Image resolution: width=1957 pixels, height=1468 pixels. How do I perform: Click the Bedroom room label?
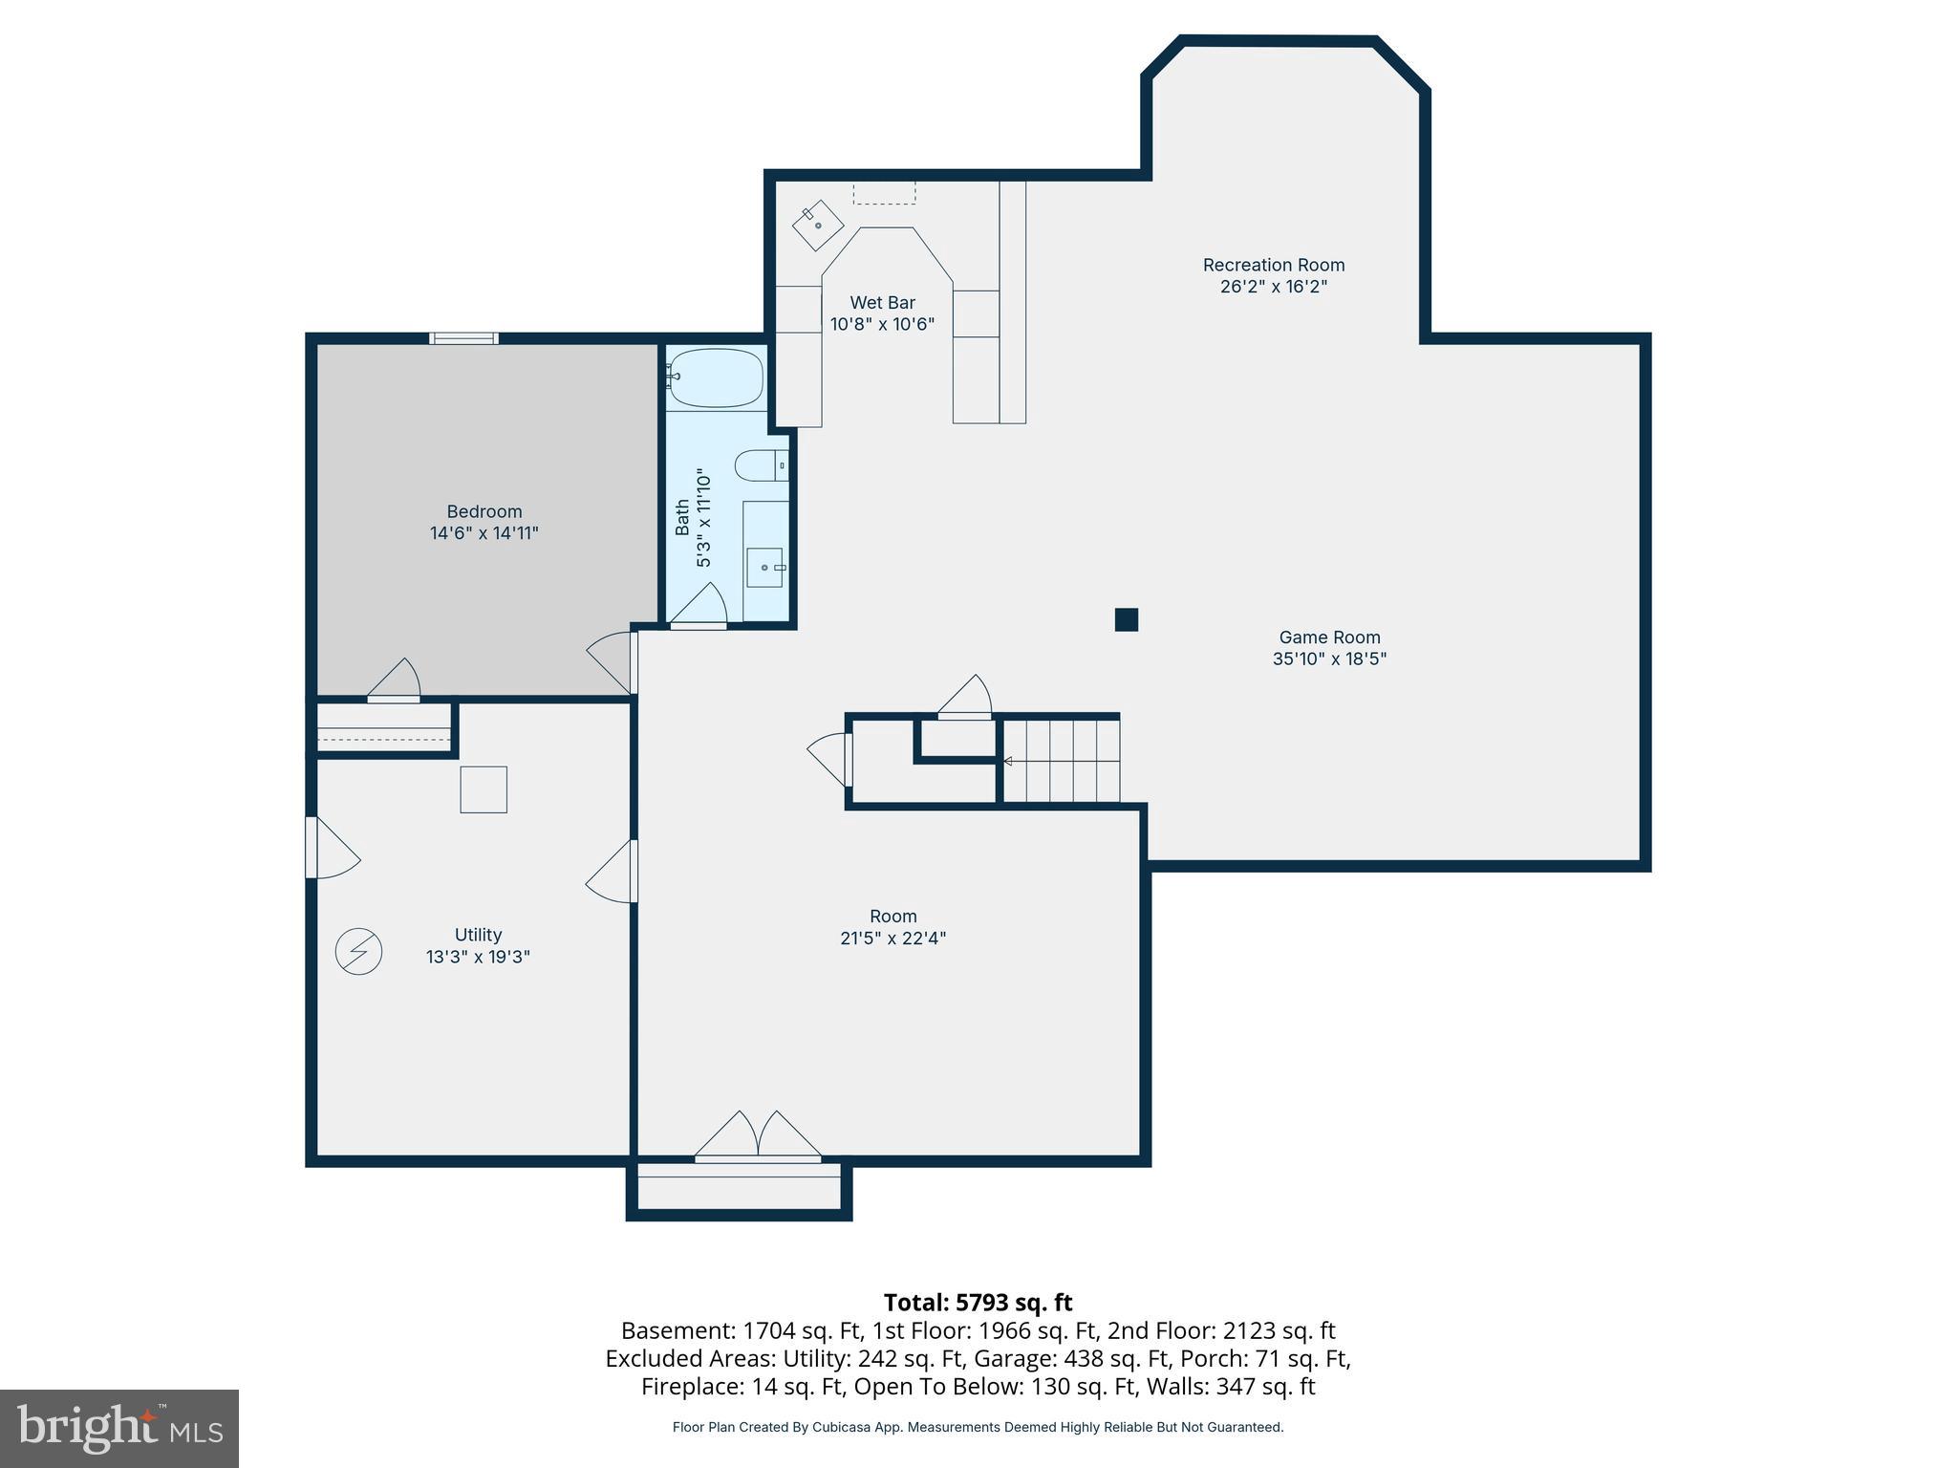click(484, 511)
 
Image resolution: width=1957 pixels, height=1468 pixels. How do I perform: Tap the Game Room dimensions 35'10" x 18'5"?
click(1329, 658)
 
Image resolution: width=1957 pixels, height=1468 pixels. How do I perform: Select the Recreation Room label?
click(1273, 265)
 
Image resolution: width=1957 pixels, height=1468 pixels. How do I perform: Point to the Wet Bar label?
click(882, 303)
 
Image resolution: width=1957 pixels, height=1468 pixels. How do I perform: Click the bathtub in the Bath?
click(717, 378)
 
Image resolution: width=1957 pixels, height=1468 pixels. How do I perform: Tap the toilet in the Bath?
click(760, 465)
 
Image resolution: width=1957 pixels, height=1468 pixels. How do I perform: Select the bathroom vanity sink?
click(764, 567)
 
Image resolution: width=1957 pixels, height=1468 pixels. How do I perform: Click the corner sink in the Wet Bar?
click(818, 226)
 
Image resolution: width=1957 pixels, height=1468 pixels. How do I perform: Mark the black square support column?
click(1127, 619)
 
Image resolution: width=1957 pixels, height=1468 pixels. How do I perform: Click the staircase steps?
click(1061, 761)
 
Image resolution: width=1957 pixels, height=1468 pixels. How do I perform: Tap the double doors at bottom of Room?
click(758, 1137)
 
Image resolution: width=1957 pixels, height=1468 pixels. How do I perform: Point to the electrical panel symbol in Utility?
click(359, 951)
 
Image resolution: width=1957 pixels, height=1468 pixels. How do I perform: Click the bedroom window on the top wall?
click(463, 337)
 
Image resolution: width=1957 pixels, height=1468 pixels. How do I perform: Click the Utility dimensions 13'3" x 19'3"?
click(478, 957)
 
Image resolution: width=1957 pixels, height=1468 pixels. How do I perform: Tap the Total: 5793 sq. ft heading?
click(978, 1302)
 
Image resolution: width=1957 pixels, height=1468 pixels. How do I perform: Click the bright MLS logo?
click(119, 1428)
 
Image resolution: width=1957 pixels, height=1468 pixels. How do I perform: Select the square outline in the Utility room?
click(484, 789)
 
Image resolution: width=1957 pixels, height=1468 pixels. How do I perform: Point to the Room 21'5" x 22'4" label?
click(892, 927)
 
